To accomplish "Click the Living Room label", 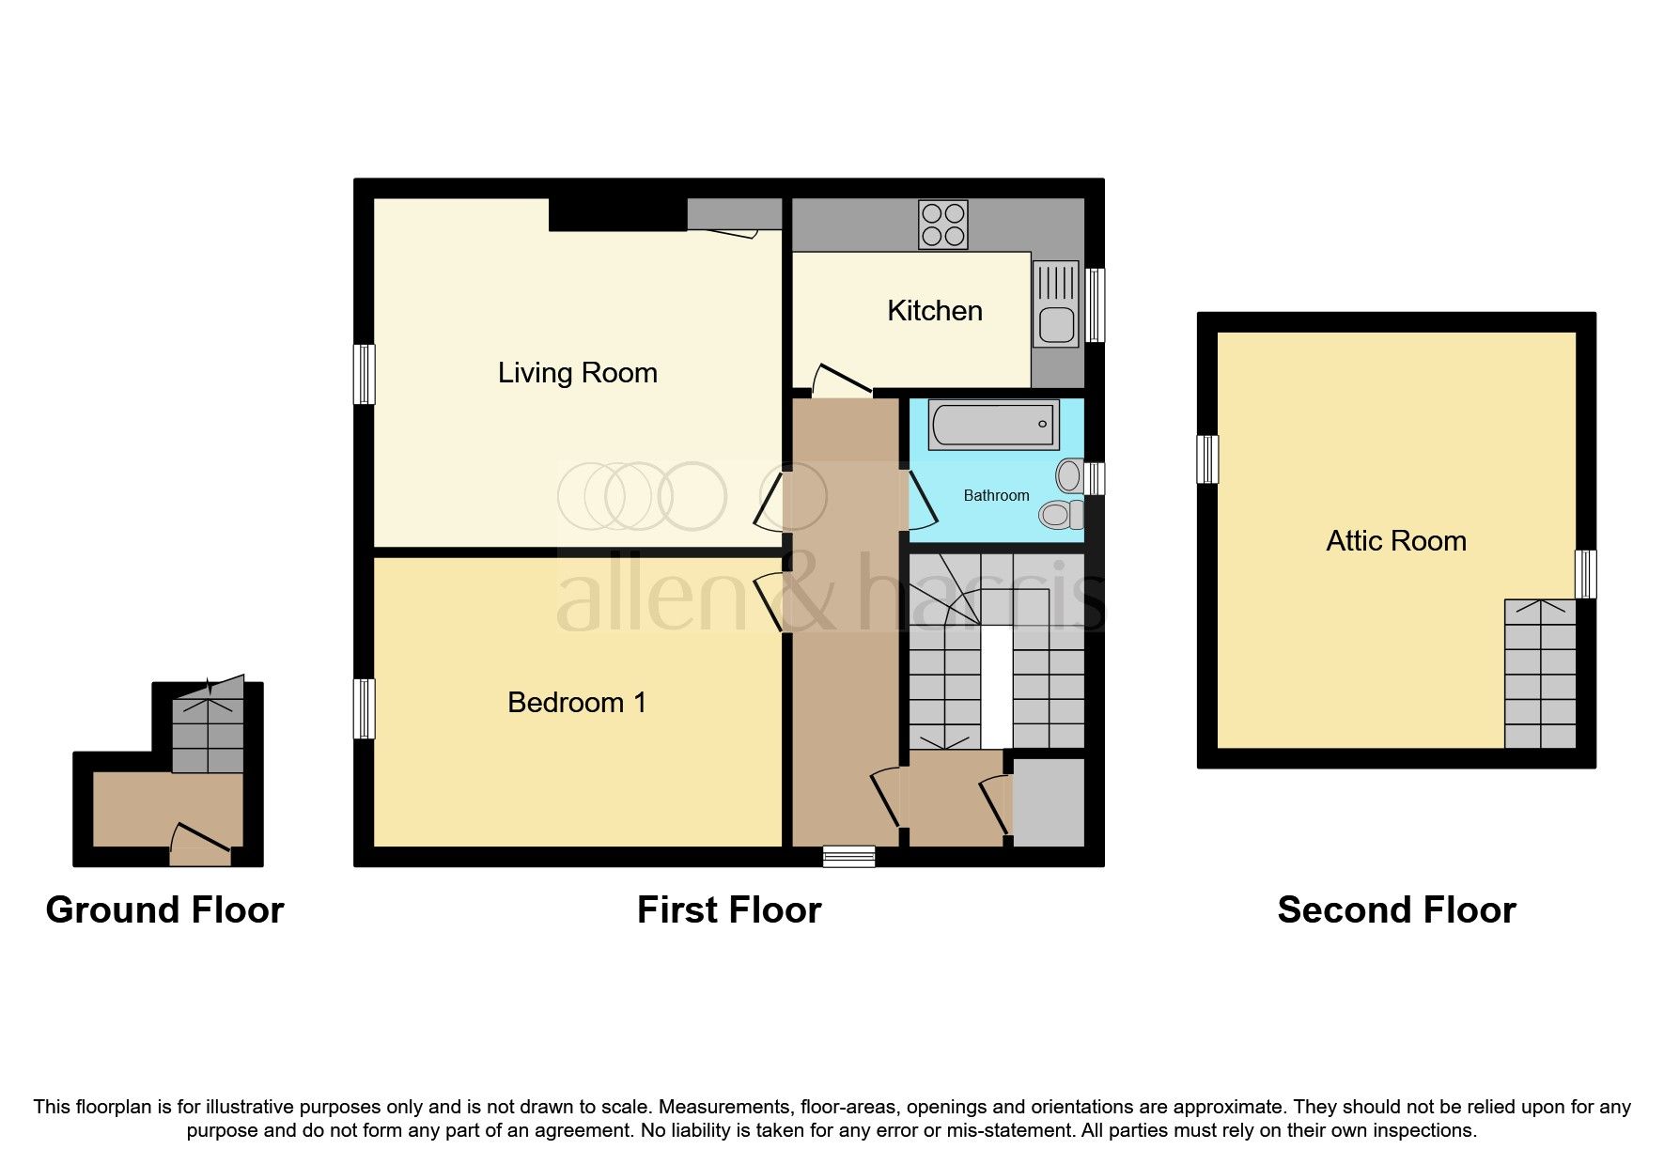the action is [x=577, y=373].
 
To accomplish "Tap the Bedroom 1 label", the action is [x=577, y=703].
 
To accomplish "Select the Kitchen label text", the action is [x=935, y=311].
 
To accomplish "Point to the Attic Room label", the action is [x=1396, y=541].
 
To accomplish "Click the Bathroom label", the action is [x=996, y=495].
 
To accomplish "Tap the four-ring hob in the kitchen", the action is [x=942, y=225].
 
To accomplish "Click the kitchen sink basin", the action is [x=1056, y=326].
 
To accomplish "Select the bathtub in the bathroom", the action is [x=994, y=425].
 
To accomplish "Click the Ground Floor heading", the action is [x=164, y=909].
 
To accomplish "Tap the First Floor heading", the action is [x=729, y=909].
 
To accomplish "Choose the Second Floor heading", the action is [x=1396, y=909].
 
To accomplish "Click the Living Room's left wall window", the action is [x=364, y=374].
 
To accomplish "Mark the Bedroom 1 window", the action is [x=364, y=708].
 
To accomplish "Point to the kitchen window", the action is [x=1095, y=305].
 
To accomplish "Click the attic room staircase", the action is [x=1540, y=674].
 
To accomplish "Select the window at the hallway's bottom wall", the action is [x=848, y=856].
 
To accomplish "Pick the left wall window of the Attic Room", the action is [x=1207, y=459].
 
